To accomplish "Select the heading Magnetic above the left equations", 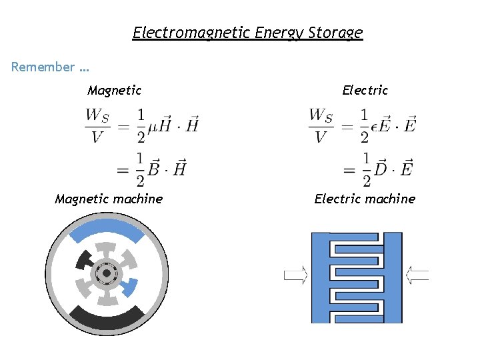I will point(114,90).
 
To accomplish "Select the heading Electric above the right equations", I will point(365,90).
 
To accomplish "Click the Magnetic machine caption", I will point(109,199).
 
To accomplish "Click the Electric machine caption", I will point(365,199).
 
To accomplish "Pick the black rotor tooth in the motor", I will point(85,259).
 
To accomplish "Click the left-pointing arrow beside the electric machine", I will point(417,274).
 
